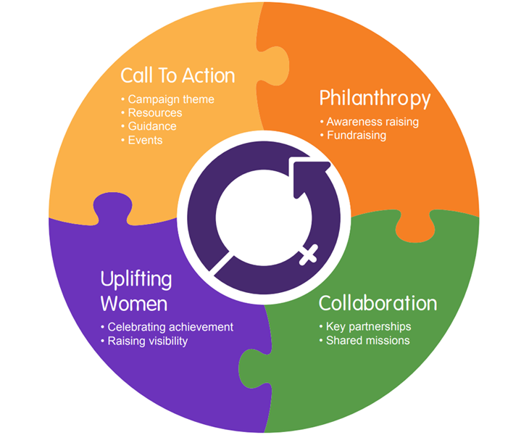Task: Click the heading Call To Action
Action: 178,75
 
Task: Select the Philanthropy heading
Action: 375,98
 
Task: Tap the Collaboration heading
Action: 378,302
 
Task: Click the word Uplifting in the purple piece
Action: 136,279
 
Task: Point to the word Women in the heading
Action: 134,302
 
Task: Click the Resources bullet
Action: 154,113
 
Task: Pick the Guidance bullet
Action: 151,126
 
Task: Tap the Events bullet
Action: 145,140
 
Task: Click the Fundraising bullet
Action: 356,136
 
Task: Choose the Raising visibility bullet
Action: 147,341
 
